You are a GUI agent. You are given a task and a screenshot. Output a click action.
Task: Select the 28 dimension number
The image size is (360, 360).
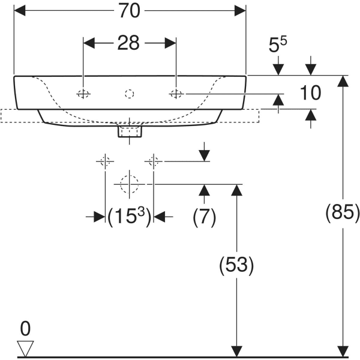[128, 43]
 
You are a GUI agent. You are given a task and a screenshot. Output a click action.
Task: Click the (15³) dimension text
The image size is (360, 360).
[129, 217]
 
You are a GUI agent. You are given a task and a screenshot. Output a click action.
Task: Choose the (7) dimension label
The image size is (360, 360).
[204, 217]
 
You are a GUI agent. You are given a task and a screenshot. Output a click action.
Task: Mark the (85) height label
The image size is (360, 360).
[343, 212]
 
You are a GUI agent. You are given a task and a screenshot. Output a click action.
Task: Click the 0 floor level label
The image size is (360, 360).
[25, 328]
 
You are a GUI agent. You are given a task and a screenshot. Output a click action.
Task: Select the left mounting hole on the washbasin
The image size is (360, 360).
[83, 94]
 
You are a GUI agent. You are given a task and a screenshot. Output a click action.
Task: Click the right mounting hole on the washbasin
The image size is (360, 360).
[176, 94]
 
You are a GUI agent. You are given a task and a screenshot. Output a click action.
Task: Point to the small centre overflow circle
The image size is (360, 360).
[130, 94]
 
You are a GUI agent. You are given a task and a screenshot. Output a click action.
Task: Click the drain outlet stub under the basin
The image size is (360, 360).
[130, 130]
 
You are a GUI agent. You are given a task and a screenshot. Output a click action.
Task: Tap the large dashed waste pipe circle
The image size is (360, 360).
[129, 184]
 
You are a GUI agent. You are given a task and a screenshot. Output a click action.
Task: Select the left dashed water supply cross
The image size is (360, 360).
[105, 161]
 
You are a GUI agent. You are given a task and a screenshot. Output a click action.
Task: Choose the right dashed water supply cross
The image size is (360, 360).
[153, 161]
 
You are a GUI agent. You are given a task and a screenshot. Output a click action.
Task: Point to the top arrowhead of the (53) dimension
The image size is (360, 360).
[236, 190]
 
